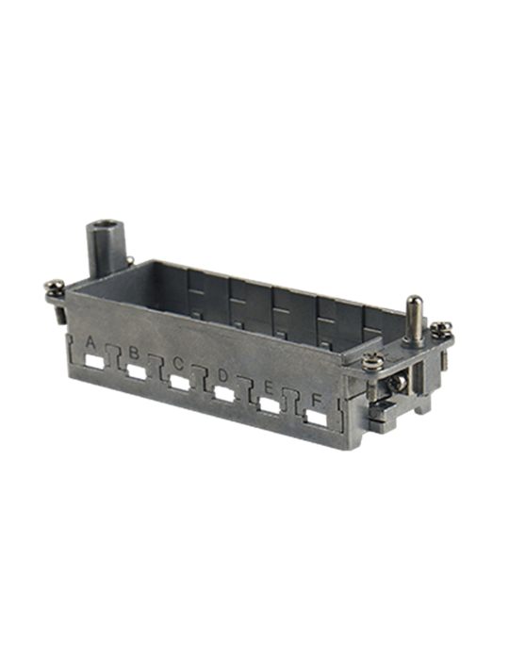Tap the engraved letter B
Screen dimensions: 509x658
(134, 353)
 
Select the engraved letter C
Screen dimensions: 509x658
(178, 364)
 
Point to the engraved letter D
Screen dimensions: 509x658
(222, 375)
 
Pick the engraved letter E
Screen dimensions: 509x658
(269, 388)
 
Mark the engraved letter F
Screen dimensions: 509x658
(316, 400)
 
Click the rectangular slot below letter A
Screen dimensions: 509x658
(95, 361)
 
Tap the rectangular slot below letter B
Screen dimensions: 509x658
(137, 371)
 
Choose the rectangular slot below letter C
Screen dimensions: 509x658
(180, 383)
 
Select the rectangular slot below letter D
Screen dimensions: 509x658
(224, 394)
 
